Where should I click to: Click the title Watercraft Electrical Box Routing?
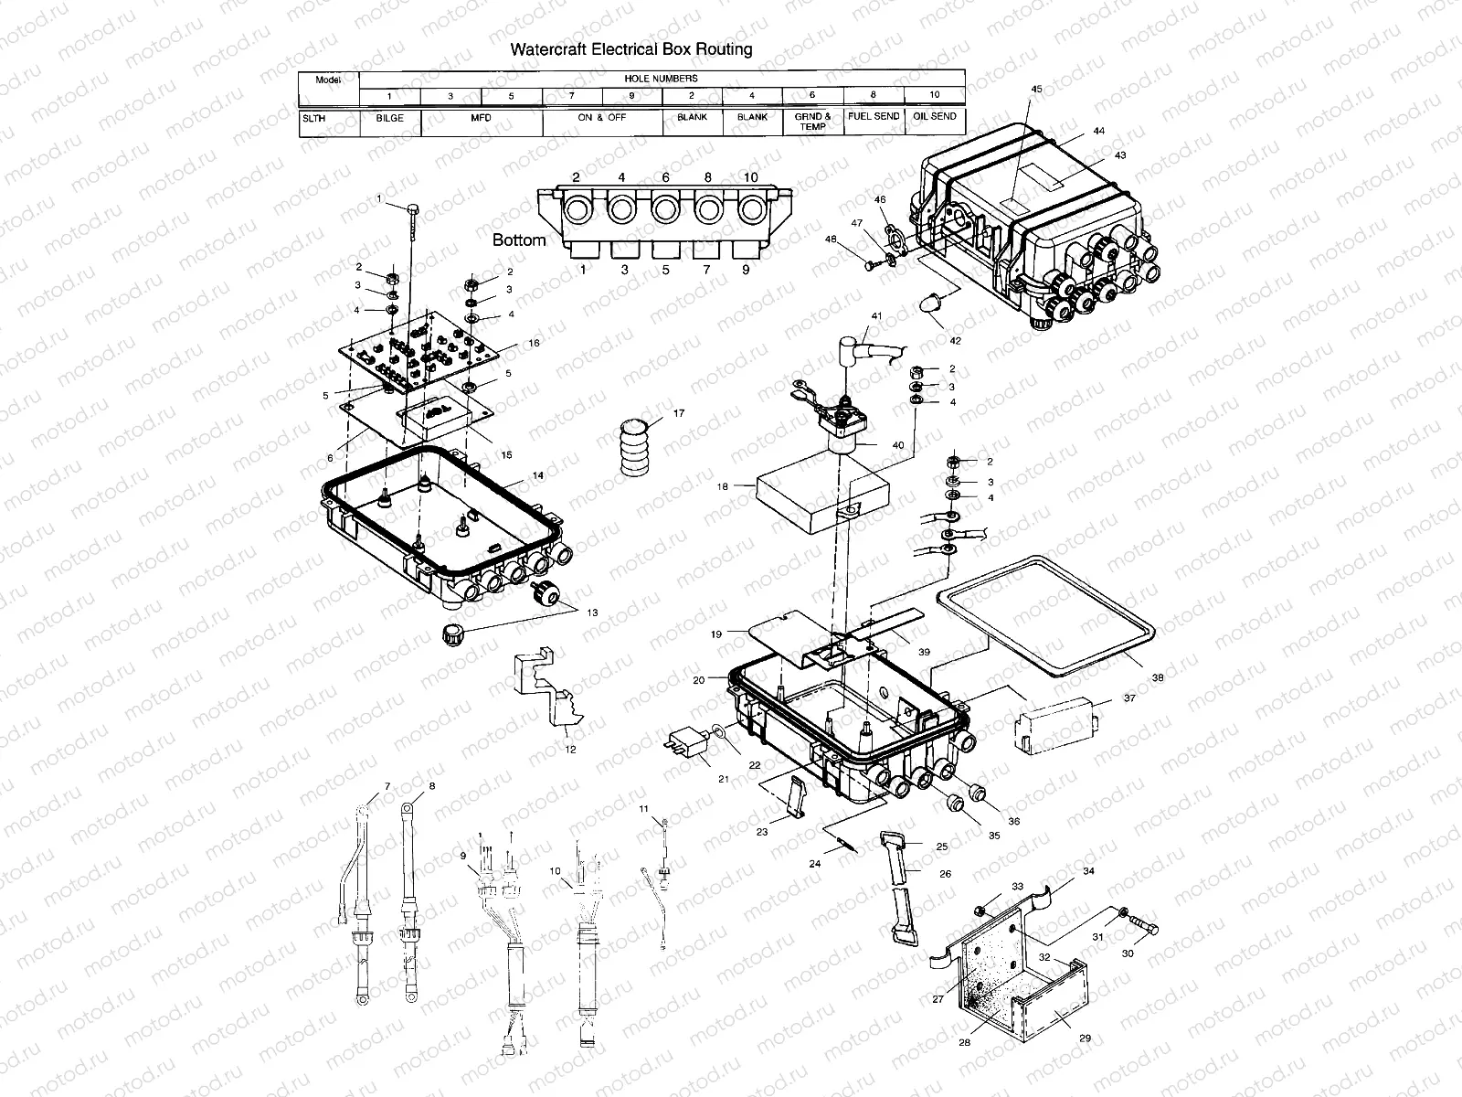click(630, 49)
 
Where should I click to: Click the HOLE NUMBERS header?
click(661, 79)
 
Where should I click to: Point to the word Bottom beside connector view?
click(519, 240)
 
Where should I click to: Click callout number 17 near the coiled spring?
click(678, 414)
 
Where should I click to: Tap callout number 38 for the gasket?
click(1158, 678)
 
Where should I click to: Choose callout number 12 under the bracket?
click(570, 750)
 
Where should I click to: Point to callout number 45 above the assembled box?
click(1036, 89)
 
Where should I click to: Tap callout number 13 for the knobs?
click(592, 613)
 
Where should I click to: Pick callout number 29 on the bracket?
click(1085, 1038)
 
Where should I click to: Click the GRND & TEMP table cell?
click(812, 122)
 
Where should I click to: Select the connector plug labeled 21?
click(691, 746)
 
